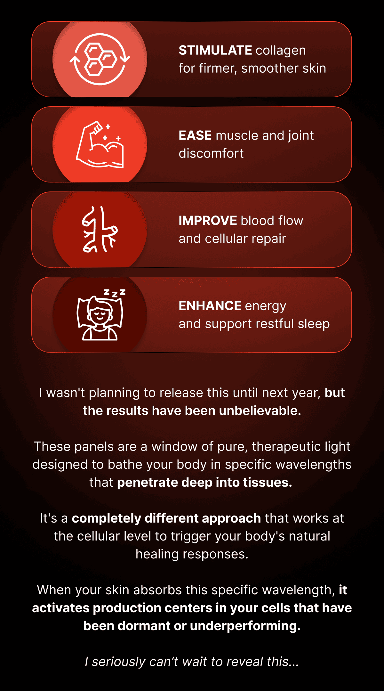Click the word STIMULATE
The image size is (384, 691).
(x=215, y=50)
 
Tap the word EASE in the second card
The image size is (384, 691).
(x=195, y=135)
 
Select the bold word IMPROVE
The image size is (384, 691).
(x=208, y=221)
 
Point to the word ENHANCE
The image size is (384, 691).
(x=210, y=306)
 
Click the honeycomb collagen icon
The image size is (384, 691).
(x=100, y=59)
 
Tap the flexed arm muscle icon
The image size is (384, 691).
(x=100, y=144)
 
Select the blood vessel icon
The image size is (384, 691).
(x=100, y=229)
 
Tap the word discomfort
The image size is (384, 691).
(x=211, y=153)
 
